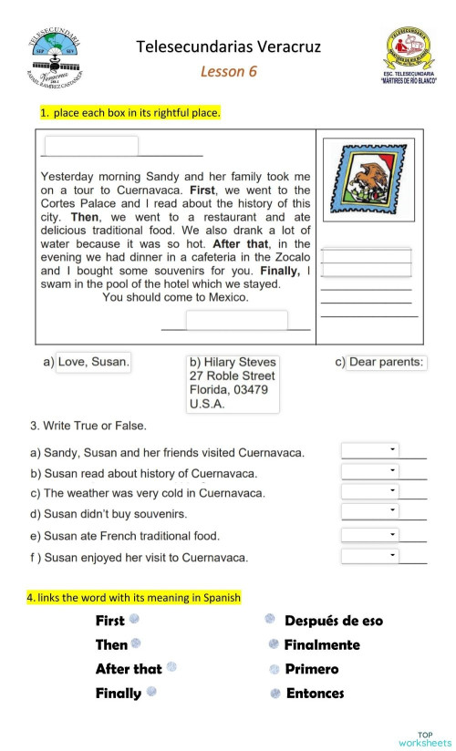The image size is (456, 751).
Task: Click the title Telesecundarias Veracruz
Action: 228,46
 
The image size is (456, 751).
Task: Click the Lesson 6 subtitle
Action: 228,71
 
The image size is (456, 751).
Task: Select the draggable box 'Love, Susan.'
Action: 93,362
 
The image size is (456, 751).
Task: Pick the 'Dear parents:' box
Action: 387,362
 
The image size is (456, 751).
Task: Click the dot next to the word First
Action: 134,619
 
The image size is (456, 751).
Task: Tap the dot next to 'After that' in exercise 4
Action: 171,667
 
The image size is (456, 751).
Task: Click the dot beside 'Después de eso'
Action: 271,619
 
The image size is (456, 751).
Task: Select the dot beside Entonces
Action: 275,694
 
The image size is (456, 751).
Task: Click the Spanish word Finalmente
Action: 321,644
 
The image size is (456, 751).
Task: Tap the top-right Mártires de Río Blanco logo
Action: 408,57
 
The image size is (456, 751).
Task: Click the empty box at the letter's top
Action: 91,146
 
